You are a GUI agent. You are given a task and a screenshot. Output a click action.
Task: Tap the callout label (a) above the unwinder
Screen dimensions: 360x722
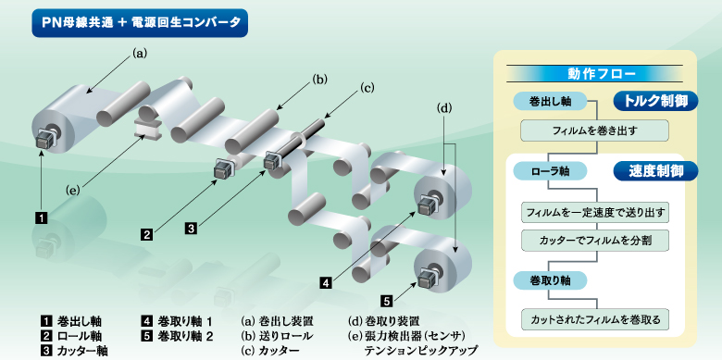tap(141, 54)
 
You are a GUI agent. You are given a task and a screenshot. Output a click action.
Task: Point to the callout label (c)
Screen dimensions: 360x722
tap(367, 89)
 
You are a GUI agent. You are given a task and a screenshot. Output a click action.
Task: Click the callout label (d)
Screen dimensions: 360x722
tap(445, 108)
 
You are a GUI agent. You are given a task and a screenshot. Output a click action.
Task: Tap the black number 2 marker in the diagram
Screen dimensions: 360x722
tap(146, 235)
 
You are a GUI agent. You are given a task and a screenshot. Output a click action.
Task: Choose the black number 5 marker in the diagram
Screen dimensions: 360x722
tap(388, 300)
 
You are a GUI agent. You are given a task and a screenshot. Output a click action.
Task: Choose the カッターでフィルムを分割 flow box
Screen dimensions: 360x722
tap(593, 239)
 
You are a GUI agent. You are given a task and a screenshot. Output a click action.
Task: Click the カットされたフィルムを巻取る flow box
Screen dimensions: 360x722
tap(593, 320)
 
